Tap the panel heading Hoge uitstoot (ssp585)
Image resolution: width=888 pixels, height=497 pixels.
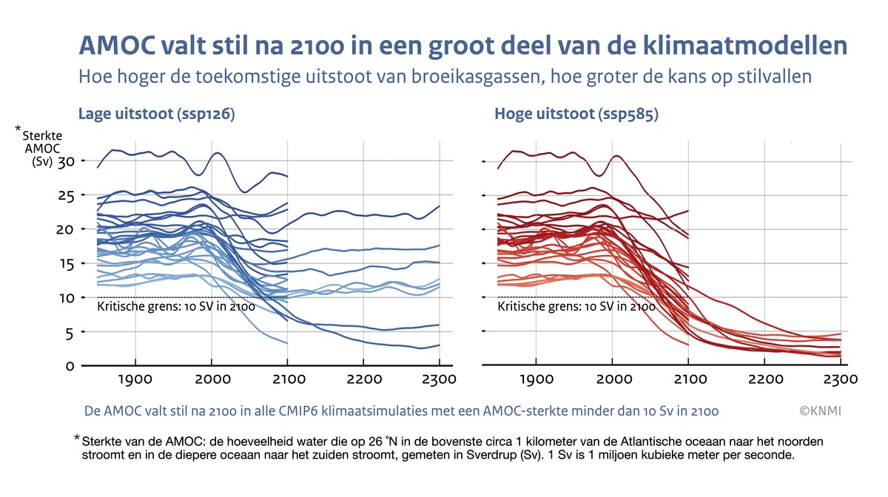click(576, 115)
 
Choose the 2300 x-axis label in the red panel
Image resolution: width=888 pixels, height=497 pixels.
click(840, 380)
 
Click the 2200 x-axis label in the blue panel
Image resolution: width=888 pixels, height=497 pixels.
click(363, 380)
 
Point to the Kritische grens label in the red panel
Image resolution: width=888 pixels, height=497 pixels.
click(576, 306)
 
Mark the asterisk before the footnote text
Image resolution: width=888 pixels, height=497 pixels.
click(77, 439)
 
